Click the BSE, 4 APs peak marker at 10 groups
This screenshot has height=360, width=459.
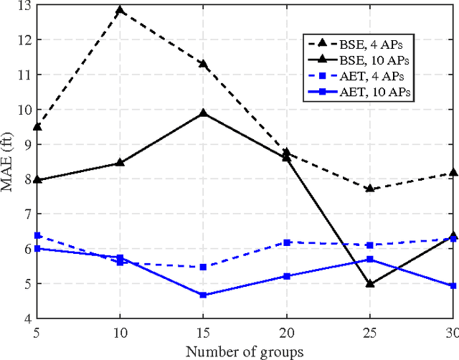click(120, 11)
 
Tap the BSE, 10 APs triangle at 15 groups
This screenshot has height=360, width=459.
click(204, 113)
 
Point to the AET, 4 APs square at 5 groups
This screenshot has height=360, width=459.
click(37, 235)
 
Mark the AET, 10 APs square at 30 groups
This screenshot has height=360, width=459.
click(453, 285)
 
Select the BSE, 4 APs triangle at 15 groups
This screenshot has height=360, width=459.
click(204, 65)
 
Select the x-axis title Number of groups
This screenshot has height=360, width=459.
click(245, 351)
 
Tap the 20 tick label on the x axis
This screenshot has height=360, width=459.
click(287, 333)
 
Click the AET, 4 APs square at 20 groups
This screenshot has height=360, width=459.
click(287, 243)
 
